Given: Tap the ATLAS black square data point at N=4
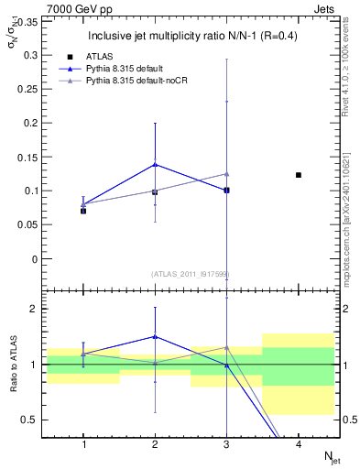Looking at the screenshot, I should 299,175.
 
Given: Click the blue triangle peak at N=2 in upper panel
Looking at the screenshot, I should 155,164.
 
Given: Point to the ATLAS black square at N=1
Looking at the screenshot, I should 83,211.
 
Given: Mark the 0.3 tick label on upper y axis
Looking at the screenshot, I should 29,55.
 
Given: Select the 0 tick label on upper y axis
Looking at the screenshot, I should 36,258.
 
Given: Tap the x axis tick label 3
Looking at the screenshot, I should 226,444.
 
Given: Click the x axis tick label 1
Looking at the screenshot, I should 83,444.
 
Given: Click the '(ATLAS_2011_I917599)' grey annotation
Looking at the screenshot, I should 191,274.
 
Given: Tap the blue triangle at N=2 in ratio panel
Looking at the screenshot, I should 155,336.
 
